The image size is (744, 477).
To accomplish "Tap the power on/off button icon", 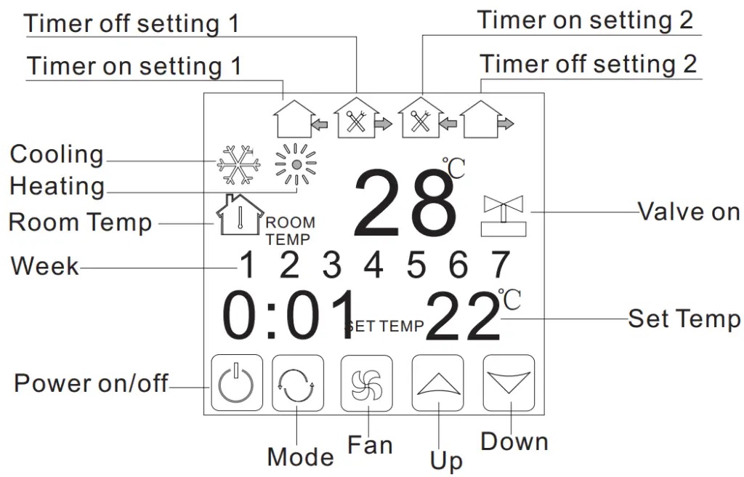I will pos(237,383).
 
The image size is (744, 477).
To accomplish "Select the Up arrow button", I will pos(438,383).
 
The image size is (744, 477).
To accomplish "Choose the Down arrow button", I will pos(509,383).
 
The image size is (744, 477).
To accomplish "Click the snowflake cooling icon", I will pos(239,165).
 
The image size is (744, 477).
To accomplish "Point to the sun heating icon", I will pos(296,165).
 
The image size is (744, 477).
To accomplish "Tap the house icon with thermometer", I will pos(239,215).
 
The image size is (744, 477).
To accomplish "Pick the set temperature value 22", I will pos(463,318).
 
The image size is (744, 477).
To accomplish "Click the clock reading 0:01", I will pos(289,316).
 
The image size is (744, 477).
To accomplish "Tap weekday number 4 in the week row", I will pos(373,265).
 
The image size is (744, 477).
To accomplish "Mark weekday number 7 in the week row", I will pos(501,265).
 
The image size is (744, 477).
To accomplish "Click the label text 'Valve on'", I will pos(689,212).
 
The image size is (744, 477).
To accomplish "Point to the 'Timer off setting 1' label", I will pos(132,23).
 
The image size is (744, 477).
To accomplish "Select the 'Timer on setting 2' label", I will pos(585,20).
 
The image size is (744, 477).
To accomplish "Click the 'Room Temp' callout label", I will pos(80,222).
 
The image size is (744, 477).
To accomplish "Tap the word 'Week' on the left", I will pos(44,266).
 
